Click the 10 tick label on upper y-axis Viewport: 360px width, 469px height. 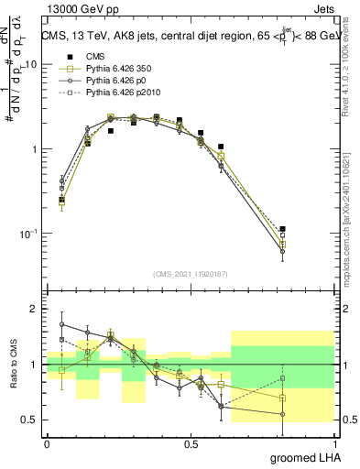31,65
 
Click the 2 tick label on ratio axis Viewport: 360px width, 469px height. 34,310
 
